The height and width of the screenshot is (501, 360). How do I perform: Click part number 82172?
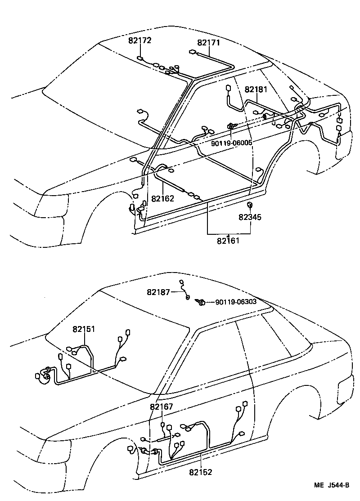tap(139, 40)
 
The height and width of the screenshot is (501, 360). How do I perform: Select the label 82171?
tap(208, 43)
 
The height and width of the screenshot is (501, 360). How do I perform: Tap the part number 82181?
tap(256, 89)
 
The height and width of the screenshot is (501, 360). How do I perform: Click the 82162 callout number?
tap(162, 198)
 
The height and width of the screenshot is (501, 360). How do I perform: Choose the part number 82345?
tap(250, 217)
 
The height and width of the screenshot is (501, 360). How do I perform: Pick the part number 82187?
tap(158, 292)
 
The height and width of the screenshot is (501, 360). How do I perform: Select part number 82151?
tap(84, 329)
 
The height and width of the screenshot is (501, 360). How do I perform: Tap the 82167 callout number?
tap(162, 407)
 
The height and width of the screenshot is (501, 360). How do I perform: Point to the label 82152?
tap(200, 472)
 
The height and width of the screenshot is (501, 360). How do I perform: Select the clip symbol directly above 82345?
tap(249, 206)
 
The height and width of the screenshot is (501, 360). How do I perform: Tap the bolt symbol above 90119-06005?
tap(231, 127)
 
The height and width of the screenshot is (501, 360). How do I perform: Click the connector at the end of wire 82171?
tap(193, 52)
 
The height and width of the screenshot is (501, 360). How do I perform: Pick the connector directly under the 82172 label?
tap(140, 58)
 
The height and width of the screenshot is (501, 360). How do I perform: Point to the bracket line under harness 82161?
tap(229, 234)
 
